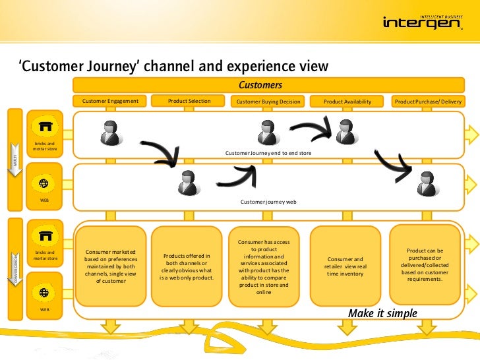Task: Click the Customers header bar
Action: click(x=260, y=85)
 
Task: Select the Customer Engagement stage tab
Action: click(x=110, y=101)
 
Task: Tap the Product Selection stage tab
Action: click(x=189, y=101)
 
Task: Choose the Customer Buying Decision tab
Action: click(x=268, y=102)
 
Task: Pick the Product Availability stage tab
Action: click(x=347, y=102)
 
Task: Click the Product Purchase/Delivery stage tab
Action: click(x=428, y=102)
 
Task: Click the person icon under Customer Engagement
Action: click(x=110, y=133)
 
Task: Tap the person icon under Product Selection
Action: click(x=189, y=182)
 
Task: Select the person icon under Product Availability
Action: click(x=345, y=132)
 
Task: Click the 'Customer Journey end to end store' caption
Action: click(x=268, y=153)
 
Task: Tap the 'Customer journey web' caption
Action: click(x=268, y=202)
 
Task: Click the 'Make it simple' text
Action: click(x=382, y=313)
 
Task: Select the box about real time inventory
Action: click(x=345, y=266)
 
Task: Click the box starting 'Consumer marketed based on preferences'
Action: click(x=110, y=266)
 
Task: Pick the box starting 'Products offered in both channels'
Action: click(x=187, y=266)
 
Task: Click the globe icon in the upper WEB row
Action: click(x=44, y=183)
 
